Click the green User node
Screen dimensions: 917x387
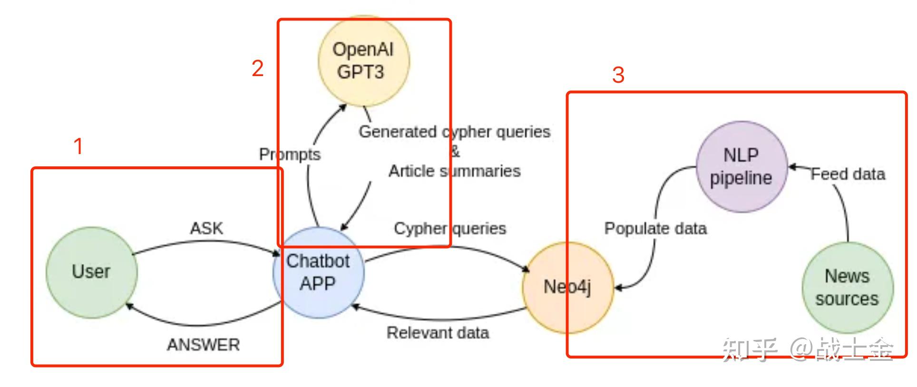pyautogui.click(x=92, y=272)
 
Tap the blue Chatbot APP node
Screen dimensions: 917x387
pyautogui.click(x=319, y=272)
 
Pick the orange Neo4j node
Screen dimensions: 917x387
pyautogui.click(x=568, y=288)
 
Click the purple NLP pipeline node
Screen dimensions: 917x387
pyautogui.click(x=741, y=167)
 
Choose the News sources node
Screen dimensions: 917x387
pyautogui.click(x=848, y=288)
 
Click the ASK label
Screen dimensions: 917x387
pyautogui.click(x=206, y=228)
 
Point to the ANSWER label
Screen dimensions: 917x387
pyautogui.click(x=204, y=345)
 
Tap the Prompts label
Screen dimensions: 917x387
pyautogui.click(x=290, y=155)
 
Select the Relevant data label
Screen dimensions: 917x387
pyautogui.click(x=438, y=333)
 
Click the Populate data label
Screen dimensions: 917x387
pyautogui.click(x=655, y=229)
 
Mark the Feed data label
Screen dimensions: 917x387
pyautogui.click(x=848, y=174)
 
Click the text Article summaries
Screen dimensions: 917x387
pyautogui.click(x=455, y=171)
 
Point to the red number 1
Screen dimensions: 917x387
pyautogui.click(x=78, y=146)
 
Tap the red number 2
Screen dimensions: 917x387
pyautogui.click(x=258, y=68)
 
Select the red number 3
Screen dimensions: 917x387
pyautogui.click(x=618, y=75)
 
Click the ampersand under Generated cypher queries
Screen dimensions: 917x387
pyautogui.click(x=455, y=152)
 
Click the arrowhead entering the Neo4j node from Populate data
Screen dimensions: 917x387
pyautogui.click(x=619, y=288)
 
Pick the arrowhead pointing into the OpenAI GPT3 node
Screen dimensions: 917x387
pyautogui.click(x=342, y=108)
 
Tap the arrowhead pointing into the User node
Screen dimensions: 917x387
pyautogui.click(x=129, y=307)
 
